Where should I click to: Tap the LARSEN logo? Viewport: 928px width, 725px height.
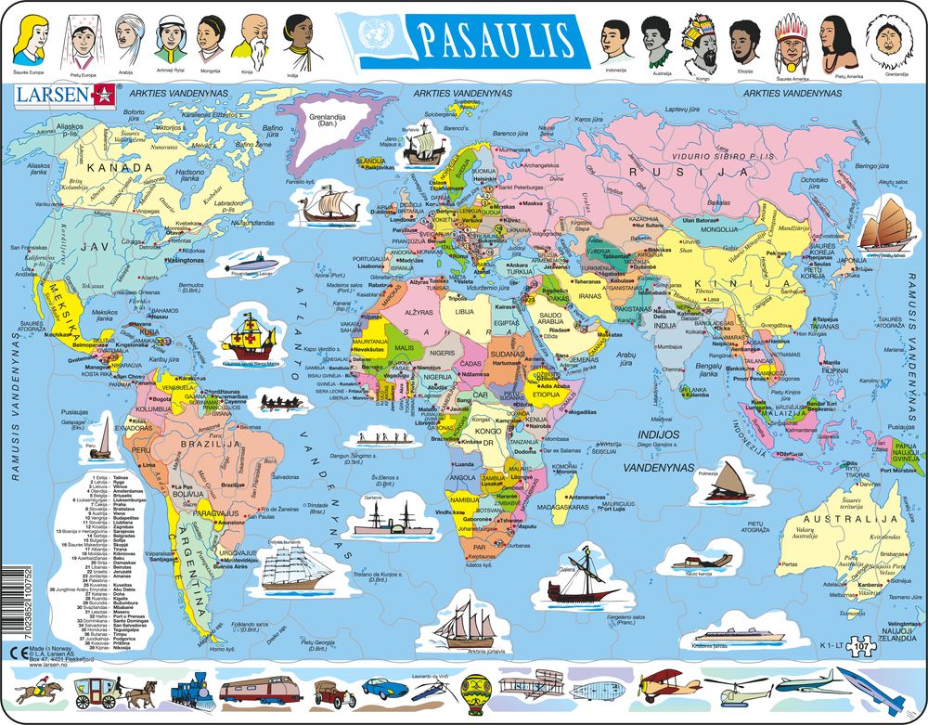tap(64, 94)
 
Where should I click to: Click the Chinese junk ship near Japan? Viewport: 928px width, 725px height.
tap(882, 227)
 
